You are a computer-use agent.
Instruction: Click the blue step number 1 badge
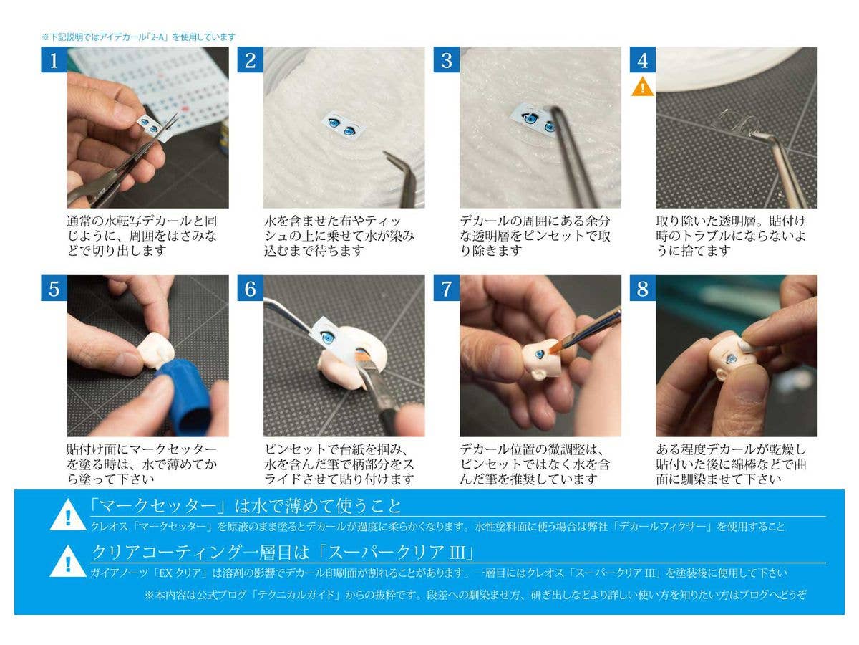[54, 59]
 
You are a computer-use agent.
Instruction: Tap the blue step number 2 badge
[250, 59]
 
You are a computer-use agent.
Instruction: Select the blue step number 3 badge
[447, 59]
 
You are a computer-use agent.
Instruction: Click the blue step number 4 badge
[643, 59]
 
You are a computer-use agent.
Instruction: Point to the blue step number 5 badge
[54, 288]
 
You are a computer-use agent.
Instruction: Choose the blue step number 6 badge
[250, 288]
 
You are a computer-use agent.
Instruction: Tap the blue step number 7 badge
[447, 288]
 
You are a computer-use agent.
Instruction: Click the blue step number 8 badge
[643, 288]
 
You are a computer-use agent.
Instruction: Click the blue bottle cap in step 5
[184, 398]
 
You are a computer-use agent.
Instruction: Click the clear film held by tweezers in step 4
[736, 122]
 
